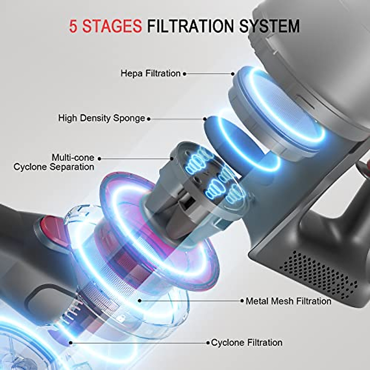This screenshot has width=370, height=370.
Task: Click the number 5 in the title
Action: (73, 26)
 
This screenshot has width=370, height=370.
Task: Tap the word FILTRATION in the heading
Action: (191, 26)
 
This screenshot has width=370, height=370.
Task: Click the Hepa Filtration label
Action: (150, 73)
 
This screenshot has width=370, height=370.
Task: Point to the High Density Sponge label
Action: (101, 118)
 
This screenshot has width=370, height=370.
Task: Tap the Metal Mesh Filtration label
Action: (288, 301)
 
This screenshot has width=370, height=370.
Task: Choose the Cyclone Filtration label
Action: (247, 343)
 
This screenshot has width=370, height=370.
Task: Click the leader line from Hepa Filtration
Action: (209, 74)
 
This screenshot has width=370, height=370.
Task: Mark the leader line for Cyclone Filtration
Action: (139, 343)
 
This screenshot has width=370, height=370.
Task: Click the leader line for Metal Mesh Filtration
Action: (191, 301)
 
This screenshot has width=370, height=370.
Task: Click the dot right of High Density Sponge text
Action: (149, 118)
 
